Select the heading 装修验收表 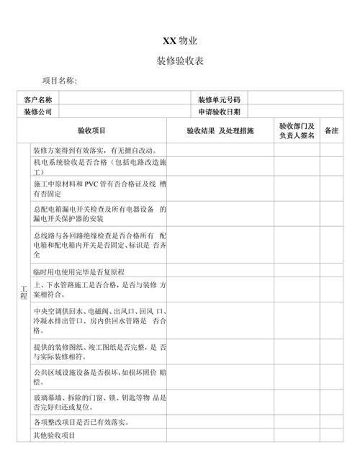click(x=180, y=61)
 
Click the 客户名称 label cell click(x=38, y=99)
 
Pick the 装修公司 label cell click(x=38, y=112)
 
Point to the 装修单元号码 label click(x=218, y=99)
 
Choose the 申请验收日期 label click(x=218, y=112)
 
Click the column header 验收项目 click(x=91, y=131)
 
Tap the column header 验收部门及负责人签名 click(x=297, y=131)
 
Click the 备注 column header click(x=331, y=131)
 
